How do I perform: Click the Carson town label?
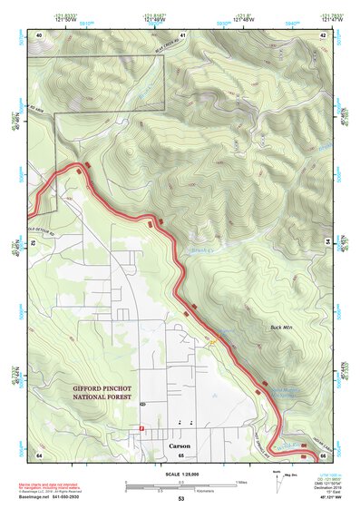(181, 446)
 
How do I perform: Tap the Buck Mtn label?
(282, 327)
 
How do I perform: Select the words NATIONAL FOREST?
(102, 397)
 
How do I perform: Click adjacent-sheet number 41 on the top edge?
(182, 34)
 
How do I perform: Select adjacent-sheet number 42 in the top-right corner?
(323, 34)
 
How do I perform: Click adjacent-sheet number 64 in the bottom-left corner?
(40, 454)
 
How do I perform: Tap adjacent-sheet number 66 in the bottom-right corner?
(323, 455)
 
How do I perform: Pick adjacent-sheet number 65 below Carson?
(181, 455)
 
